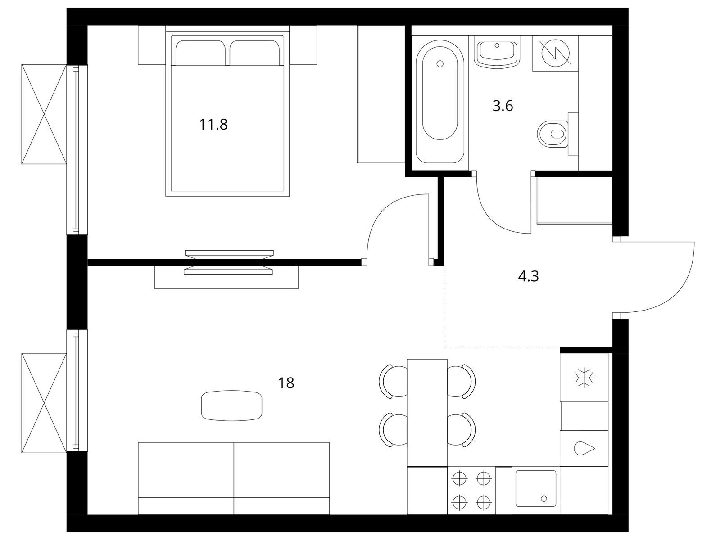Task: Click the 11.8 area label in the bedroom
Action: (213, 125)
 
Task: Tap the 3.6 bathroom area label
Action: (503, 106)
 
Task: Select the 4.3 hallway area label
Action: (528, 276)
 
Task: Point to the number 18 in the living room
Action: (286, 383)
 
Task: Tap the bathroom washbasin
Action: (497, 54)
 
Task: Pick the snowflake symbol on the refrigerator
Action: (584, 378)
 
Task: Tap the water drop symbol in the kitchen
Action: (584, 449)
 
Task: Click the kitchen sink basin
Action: (535, 488)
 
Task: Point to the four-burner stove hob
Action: (471, 490)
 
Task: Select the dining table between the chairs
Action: (427, 413)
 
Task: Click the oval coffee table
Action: (231, 405)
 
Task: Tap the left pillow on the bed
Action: (200, 53)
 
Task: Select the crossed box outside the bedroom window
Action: (44, 114)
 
